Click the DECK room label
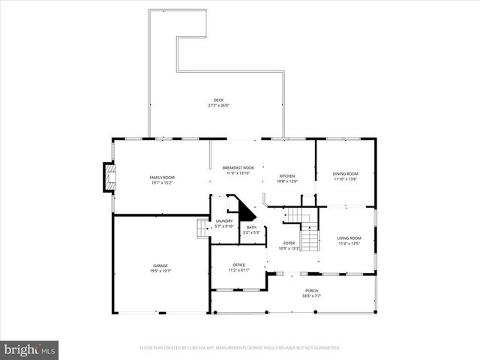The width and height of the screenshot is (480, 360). (218, 100)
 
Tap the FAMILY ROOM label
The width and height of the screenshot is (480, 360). (162, 177)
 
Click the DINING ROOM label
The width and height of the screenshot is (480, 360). (346, 174)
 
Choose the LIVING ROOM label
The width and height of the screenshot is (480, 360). (349, 238)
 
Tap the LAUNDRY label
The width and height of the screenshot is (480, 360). (224, 220)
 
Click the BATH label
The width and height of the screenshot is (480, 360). (251, 227)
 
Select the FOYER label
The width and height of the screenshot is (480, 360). (289, 243)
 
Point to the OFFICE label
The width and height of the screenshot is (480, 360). (238, 265)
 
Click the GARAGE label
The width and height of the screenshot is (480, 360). (161, 265)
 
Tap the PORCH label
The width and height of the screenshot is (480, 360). (311, 290)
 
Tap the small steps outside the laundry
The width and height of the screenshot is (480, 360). (201, 229)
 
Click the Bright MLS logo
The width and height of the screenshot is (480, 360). (30, 349)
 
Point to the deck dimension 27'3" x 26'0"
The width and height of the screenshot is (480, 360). (218, 106)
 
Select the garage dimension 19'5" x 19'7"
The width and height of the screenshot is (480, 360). (161, 270)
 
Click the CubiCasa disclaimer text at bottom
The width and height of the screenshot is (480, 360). (240, 348)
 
